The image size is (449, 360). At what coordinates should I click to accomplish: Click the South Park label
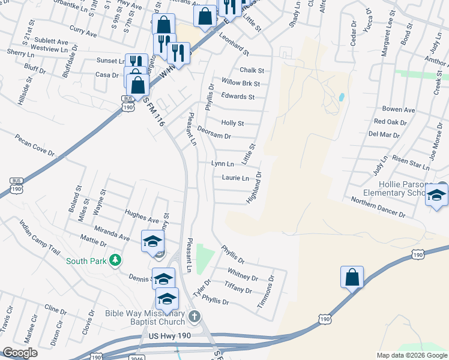[86, 261]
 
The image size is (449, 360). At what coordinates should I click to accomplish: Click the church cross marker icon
[194, 316]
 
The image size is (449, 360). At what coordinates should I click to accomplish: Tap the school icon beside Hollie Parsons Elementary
[436, 195]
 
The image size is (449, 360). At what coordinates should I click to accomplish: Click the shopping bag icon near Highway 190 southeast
[352, 277]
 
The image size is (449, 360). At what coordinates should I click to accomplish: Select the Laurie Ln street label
[235, 178]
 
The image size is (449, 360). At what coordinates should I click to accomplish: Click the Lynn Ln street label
[223, 164]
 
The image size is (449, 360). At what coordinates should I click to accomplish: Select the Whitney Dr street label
[243, 278]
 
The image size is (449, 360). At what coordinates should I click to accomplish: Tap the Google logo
[20, 353]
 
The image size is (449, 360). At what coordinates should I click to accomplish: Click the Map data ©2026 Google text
[411, 355]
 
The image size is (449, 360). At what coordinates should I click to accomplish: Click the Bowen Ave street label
[399, 110]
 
